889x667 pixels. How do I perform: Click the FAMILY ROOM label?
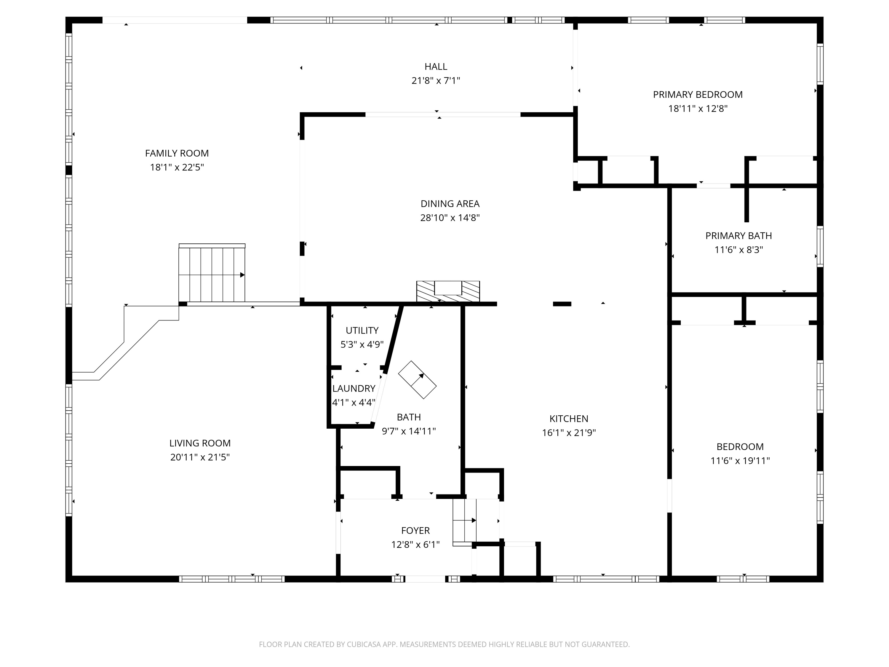177,153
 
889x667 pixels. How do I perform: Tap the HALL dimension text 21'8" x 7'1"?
436,80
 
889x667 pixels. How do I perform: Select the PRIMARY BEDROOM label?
698,95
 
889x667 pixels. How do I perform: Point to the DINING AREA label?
450,204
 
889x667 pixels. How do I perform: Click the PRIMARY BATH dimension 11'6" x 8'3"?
739,250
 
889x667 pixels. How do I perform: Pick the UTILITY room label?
362,331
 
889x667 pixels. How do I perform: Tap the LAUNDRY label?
354,388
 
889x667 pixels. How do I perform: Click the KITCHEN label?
569,419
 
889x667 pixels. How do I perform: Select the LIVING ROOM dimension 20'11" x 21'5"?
200,457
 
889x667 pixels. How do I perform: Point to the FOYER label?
415,531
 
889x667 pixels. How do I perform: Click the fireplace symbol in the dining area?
448,291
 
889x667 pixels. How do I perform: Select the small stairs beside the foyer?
465,521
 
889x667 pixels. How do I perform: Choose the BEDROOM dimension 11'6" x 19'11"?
740,461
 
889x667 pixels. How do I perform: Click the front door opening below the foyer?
425,579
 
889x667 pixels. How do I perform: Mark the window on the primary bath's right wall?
820,246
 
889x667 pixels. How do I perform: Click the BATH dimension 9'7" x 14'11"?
409,431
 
